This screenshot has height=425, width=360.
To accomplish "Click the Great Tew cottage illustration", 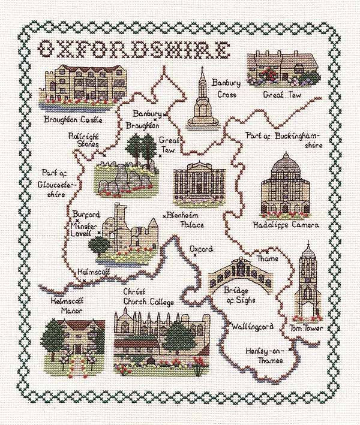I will [283, 67].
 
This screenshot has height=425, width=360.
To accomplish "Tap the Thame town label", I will [266, 258].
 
